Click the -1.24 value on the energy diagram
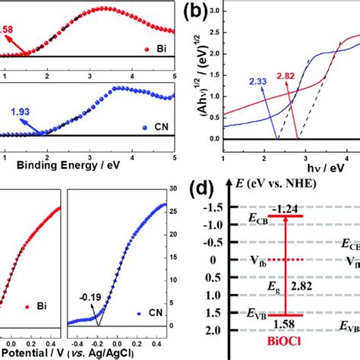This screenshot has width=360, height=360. [x=287, y=210]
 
